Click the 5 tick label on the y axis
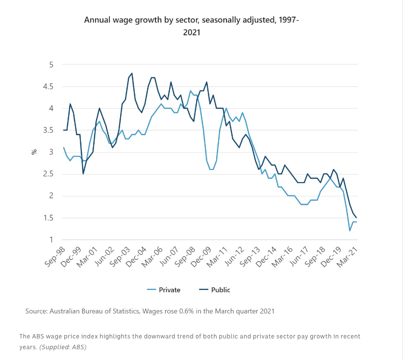coord(51,65)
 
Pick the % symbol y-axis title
coord(34,152)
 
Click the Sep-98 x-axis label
coord(55,256)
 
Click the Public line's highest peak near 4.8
coord(132,73)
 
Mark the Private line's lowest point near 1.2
coord(350,231)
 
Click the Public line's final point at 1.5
coord(356,218)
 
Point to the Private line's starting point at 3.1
coord(64,147)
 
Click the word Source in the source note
coord(36,311)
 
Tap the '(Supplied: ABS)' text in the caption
coord(62,347)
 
